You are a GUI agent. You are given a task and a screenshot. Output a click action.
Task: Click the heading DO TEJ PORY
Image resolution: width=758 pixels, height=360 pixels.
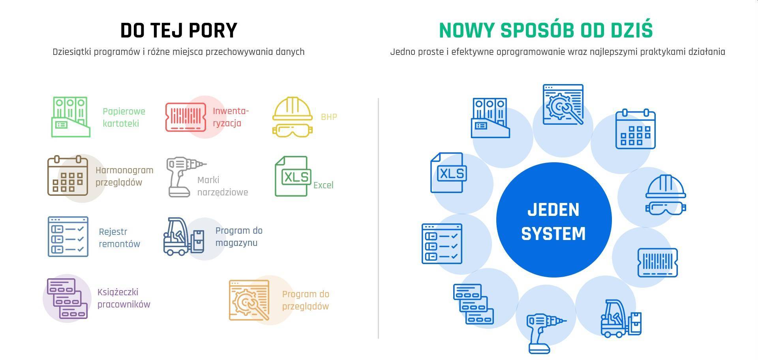coord(179,31)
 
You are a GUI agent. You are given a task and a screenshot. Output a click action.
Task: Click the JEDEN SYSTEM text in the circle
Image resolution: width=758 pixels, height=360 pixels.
coord(553,221)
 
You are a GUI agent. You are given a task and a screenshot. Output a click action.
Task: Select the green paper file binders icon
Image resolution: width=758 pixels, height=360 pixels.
coord(71,117)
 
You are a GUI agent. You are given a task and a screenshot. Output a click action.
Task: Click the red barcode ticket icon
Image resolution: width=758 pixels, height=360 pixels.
coord(186,117)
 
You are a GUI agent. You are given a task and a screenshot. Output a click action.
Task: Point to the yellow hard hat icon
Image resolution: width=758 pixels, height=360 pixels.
coord(293,117)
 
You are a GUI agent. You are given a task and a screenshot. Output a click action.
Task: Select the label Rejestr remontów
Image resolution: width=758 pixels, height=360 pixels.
coord(119,238)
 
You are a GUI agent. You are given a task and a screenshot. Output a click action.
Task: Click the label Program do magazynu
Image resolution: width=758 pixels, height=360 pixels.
coord(239,236)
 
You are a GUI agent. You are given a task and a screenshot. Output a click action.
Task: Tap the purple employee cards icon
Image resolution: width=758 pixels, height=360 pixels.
coord(67,298)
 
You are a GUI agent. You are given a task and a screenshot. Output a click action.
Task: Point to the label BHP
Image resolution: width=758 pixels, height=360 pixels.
coord(329,117)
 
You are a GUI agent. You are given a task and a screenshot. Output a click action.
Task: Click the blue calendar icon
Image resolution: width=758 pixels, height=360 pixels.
coord(636,129)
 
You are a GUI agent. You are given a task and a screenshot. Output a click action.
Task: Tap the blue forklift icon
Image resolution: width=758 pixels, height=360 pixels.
coord(621,318)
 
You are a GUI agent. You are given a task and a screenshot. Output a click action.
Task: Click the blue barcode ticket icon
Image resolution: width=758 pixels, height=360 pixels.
coord(658,262)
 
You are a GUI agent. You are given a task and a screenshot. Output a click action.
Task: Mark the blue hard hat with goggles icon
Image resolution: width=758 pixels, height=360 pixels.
coord(666,195)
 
